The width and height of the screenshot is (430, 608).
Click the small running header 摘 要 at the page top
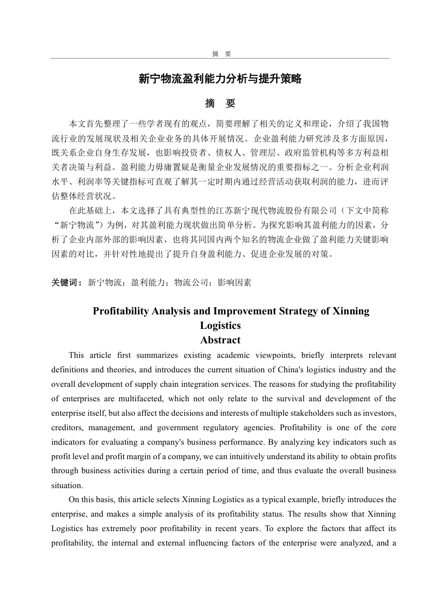[221, 54]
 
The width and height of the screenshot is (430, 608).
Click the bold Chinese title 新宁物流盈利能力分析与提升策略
[220, 79]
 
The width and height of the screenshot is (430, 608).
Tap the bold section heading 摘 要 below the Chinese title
[220, 104]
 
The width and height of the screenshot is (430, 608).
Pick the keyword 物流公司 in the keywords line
[191, 283]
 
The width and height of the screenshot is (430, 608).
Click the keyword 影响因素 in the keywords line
[234, 283]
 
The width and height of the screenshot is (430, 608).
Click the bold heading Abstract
[220, 340]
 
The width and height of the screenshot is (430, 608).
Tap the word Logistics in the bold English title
[220, 326]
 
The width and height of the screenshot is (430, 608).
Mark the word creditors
[66, 427]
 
